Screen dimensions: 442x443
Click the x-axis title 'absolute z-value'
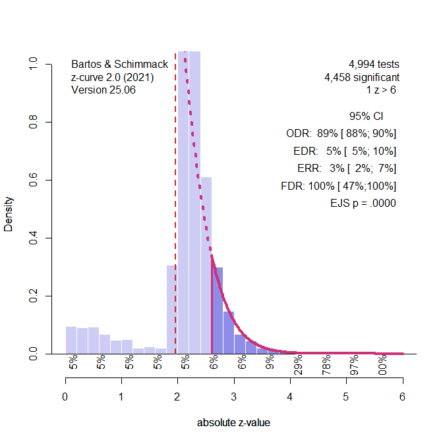[233, 423]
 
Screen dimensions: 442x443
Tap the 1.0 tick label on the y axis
[33, 64]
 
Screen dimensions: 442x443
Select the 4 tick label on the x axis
[290, 397]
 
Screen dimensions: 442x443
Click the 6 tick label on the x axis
[402, 397]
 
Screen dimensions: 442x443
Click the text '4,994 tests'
[374, 65]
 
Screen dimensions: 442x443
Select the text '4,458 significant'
[361, 77]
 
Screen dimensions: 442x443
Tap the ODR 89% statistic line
[341, 134]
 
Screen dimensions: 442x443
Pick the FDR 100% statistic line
[338, 186]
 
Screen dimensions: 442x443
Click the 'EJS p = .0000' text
[363, 204]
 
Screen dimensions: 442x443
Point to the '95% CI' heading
[366, 117]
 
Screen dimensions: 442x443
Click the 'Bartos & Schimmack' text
[119, 65]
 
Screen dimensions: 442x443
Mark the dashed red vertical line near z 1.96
[175, 198]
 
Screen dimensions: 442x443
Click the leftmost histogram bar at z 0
[71, 340]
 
